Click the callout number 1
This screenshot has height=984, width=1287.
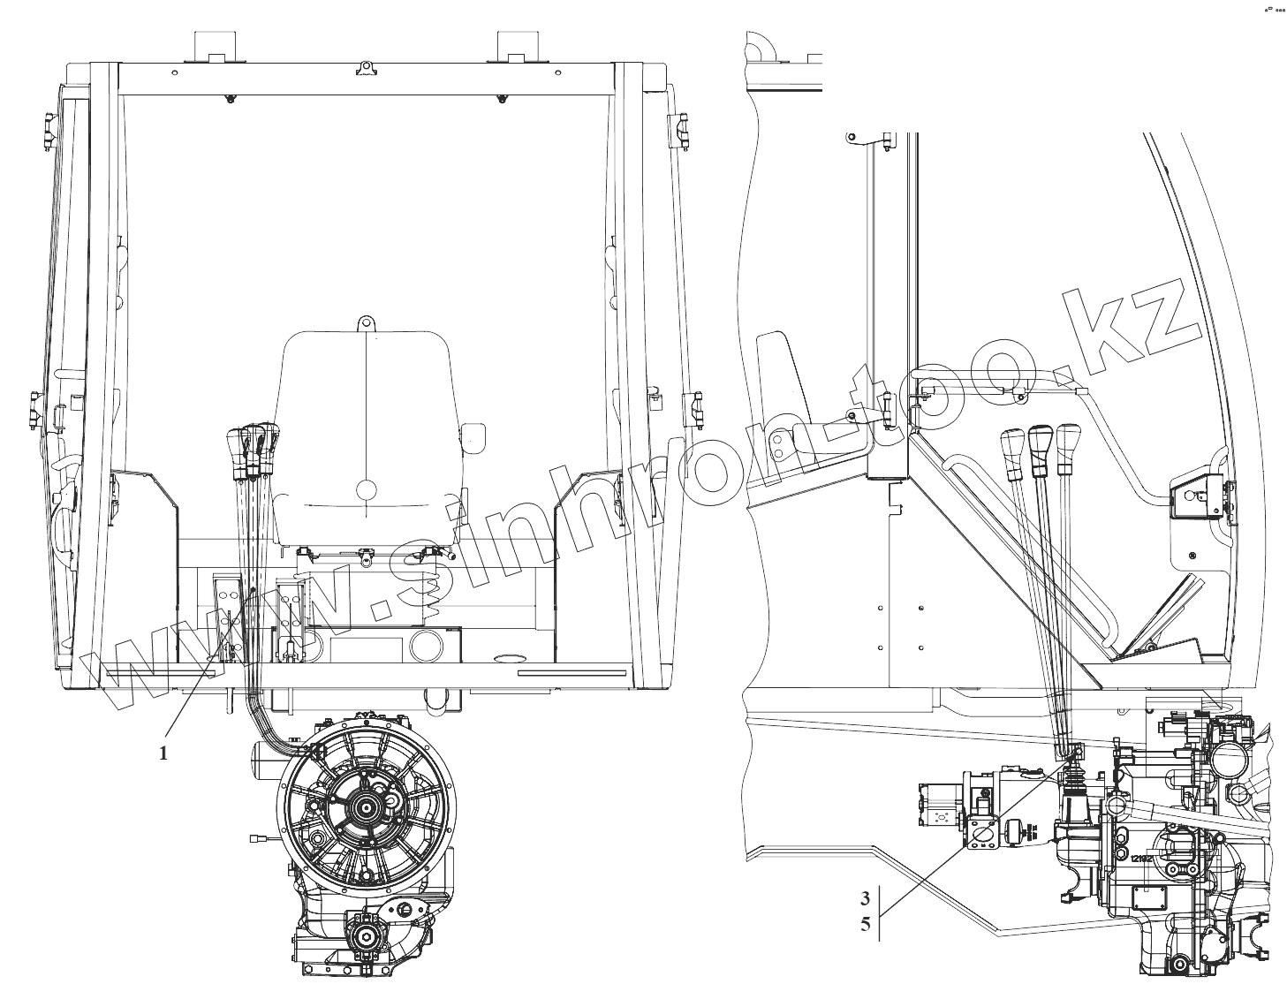pos(163,753)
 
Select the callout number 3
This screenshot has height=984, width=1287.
pos(866,898)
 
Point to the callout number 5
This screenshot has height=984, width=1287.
pos(866,925)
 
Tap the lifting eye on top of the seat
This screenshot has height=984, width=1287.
pos(366,324)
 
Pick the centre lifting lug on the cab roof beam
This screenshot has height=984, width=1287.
pos(366,66)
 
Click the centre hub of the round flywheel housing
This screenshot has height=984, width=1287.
pos(367,807)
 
